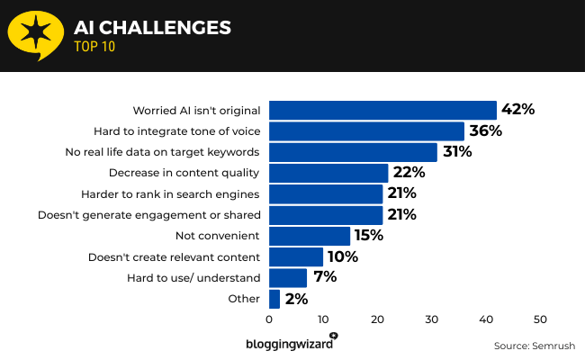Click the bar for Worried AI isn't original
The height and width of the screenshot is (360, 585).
coord(382,110)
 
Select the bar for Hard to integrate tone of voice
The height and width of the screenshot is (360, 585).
coord(366,131)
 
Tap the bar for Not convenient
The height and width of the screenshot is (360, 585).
coord(310,236)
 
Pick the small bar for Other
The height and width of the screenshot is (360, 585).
coord(274,299)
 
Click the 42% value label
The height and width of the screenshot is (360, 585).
coord(517,110)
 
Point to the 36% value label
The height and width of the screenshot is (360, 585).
coord(485,131)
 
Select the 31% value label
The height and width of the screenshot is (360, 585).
coord(457,152)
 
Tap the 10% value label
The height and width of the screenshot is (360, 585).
coord(343,256)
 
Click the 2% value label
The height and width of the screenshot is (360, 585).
coord(296,299)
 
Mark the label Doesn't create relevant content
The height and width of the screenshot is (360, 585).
coord(174,256)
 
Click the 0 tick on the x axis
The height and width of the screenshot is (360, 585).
coord(269,319)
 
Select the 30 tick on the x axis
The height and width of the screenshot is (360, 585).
coord(432,319)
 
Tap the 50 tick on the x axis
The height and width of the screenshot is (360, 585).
coord(541,319)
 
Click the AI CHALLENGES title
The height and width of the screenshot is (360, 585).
coord(152,28)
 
